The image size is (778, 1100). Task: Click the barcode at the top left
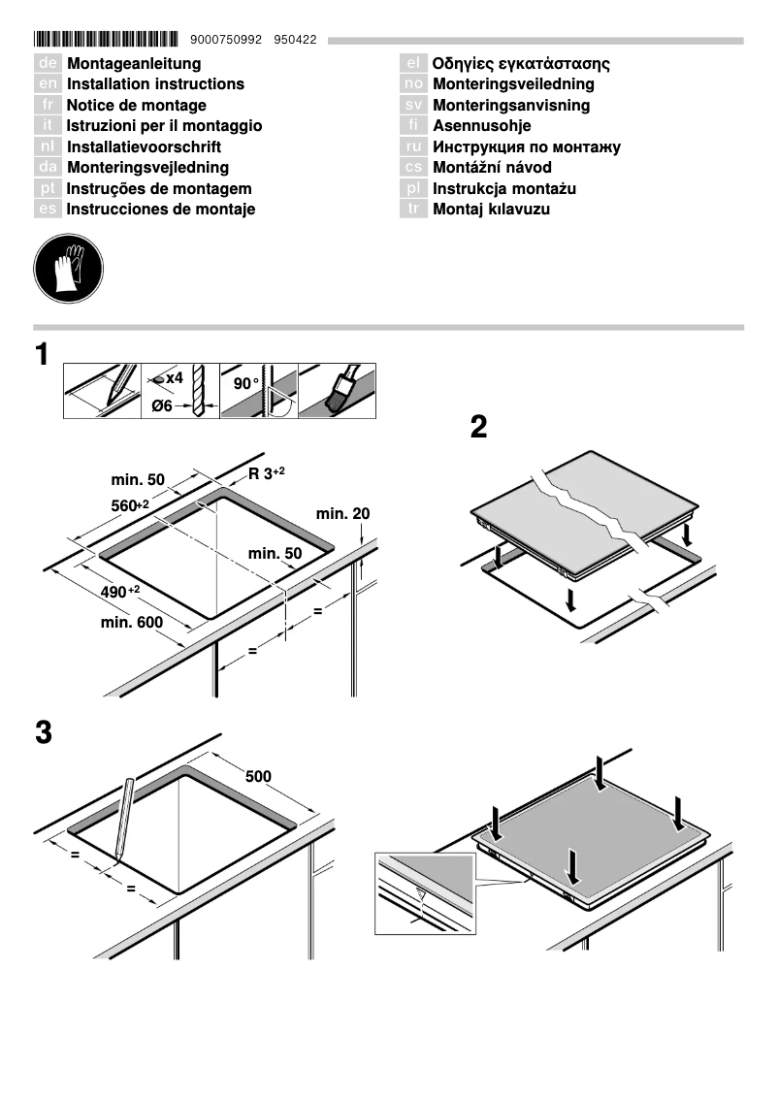click(106, 40)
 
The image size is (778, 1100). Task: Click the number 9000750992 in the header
click(227, 40)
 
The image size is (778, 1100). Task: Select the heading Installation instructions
click(155, 84)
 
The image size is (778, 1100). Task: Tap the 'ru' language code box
click(413, 147)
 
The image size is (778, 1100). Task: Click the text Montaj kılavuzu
click(491, 210)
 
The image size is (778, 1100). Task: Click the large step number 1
click(42, 355)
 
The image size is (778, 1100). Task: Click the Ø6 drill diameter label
click(162, 406)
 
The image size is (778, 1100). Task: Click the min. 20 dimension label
click(342, 513)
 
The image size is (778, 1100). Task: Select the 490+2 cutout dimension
click(120, 592)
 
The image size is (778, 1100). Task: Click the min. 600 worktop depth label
click(132, 622)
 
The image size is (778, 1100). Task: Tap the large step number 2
click(478, 427)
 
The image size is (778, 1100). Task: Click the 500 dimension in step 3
click(258, 777)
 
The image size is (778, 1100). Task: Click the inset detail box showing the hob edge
click(425, 893)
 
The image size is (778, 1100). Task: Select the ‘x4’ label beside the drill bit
click(173, 377)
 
